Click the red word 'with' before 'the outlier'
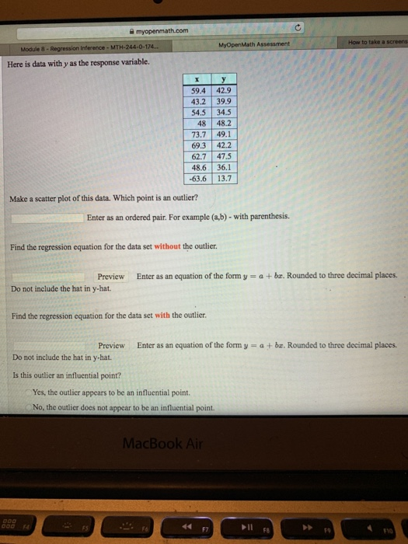click(x=163, y=316)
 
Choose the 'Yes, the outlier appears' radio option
click(x=28, y=392)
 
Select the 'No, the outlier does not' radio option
click(x=28, y=406)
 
